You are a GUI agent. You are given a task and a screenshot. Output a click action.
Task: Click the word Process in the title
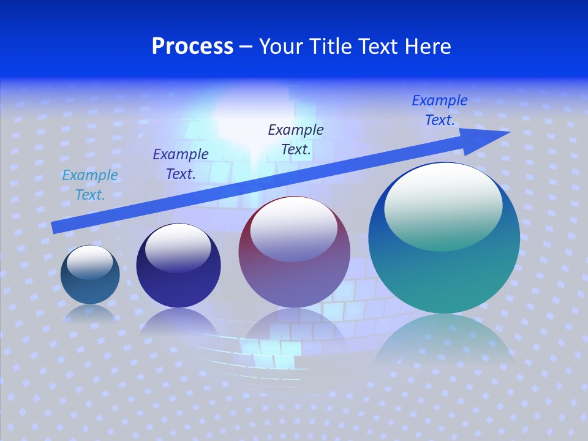(192, 47)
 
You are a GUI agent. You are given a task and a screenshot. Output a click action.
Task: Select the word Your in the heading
(280, 47)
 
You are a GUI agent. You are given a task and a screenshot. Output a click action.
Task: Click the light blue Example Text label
(90, 185)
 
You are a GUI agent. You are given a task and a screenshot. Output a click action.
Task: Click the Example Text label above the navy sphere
(181, 164)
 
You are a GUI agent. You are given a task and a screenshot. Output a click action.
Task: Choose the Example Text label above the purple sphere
(296, 139)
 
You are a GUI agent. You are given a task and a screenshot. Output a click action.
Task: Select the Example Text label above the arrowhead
(440, 110)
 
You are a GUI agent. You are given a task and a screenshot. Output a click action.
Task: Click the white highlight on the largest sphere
(443, 205)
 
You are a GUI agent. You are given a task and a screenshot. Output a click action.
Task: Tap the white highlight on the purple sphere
(294, 228)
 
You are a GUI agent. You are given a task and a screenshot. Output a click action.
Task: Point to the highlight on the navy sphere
(178, 246)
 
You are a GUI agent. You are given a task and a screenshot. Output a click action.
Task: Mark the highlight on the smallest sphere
(90, 262)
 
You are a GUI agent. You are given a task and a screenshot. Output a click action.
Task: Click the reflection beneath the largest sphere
(444, 343)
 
